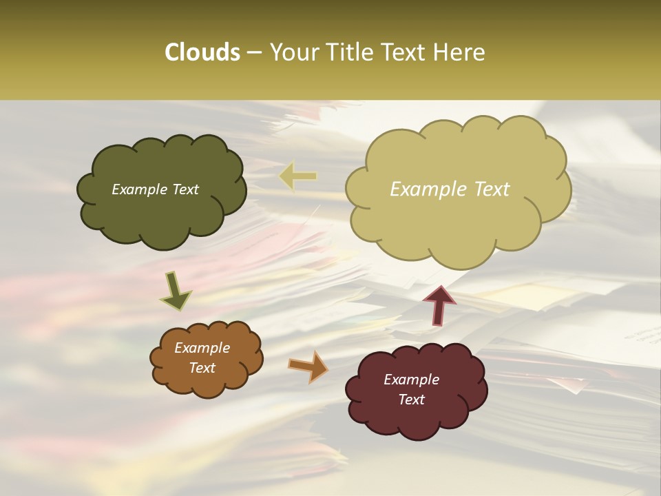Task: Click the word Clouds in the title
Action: click(x=202, y=52)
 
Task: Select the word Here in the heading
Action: click(x=460, y=52)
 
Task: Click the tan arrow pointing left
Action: click(x=298, y=176)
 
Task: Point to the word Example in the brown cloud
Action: click(x=202, y=348)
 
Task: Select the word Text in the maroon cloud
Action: click(x=412, y=400)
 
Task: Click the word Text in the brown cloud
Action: click(x=202, y=368)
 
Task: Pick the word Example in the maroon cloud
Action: click(x=412, y=380)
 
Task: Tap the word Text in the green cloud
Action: click(x=183, y=189)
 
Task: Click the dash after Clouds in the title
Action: click(x=254, y=53)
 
